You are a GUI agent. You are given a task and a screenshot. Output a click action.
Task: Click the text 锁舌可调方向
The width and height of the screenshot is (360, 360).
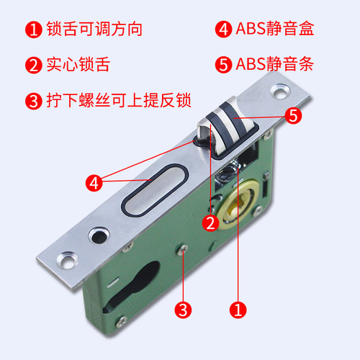click(94, 30)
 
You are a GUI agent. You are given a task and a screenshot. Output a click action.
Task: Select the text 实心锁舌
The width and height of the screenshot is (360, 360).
click(78, 65)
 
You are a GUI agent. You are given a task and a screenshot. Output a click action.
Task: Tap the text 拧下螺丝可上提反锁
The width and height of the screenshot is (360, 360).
click(119, 100)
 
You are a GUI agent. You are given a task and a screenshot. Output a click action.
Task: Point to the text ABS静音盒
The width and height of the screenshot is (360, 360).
click(275, 29)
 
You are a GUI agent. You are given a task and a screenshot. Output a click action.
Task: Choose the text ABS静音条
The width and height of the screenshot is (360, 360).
click(275, 64)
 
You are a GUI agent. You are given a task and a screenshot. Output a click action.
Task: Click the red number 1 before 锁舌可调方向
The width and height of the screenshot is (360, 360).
click(34, 30)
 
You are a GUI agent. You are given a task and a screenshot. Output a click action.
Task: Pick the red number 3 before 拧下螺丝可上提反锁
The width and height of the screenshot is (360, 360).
click(34, 101)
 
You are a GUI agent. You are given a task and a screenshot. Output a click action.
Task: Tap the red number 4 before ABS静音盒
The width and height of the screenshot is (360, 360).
click(224, 30)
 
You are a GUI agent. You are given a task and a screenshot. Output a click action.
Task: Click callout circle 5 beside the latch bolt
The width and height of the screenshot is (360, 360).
click(293, 115)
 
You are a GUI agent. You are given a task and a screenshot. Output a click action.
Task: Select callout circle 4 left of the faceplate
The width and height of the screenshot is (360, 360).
click(94, 183)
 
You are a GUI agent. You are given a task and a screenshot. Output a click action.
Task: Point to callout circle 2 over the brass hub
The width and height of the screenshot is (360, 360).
click(211, 223)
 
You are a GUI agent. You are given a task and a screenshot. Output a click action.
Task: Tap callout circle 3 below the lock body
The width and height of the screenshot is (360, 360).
click(183, 310)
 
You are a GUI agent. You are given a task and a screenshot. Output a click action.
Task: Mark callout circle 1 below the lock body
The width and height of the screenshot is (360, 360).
click(238, 310)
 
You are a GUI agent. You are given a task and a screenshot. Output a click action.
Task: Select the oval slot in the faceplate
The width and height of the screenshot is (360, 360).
click(156, 190)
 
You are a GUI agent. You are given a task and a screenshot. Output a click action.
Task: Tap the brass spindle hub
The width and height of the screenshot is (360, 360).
click(238, 204)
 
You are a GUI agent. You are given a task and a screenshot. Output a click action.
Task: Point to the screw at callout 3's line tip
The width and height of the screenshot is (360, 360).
click(182, 250)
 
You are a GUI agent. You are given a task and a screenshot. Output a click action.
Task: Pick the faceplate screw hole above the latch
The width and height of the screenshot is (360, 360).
click(280, 91)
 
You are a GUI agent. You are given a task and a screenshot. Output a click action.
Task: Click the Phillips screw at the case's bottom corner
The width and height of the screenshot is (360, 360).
click(122, 322)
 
